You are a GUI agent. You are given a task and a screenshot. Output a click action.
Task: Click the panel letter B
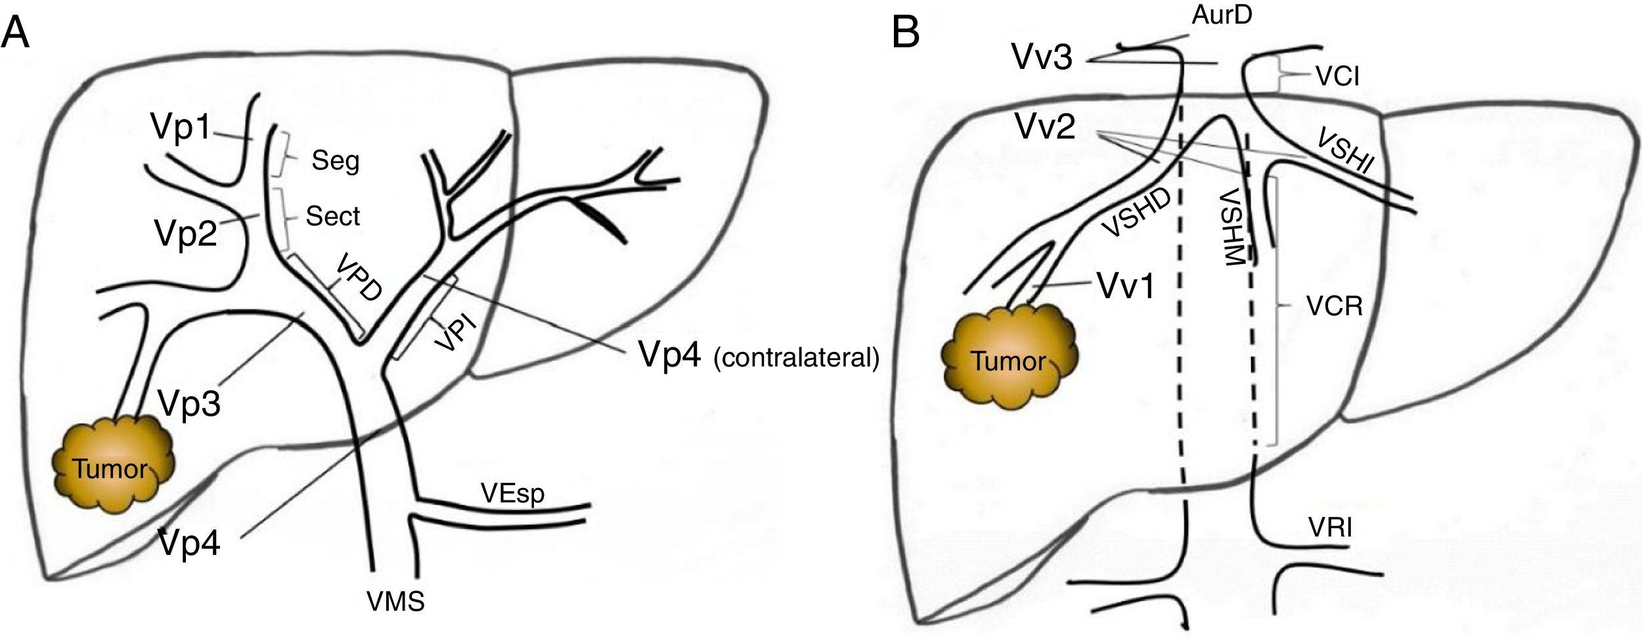click(x=905, y=32)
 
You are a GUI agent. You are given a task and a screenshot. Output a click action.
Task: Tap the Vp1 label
click(x=181, y=126)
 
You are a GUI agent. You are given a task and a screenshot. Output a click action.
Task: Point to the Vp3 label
click(x=189, y=402)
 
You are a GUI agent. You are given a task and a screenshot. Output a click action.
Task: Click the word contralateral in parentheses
click(x=796, y=359)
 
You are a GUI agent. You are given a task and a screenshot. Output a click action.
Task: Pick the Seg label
click(x=336, y=160)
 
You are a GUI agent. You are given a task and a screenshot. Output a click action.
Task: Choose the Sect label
click(x=333, y=216)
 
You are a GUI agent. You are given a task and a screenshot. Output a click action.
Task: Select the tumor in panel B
click(x=1008, y=361)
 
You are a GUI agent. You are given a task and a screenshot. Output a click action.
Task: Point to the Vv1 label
click(x=1126, y=286)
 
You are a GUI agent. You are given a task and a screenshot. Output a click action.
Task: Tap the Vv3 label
click(x=1042, y=58)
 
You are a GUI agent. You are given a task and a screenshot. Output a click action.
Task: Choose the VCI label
click(x=1337, y=77)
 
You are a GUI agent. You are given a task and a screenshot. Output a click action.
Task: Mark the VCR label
click(x=1335, y=307)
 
